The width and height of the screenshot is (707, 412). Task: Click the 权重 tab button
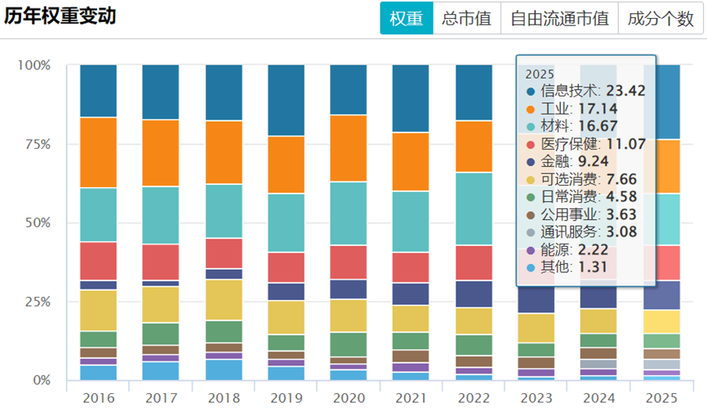pyautogui.click(x=407, y=19)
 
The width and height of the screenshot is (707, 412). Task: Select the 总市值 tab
pyautogui.click(x=466, y=19)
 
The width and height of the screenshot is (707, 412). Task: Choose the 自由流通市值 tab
pyautogui.click(x=559, y=19)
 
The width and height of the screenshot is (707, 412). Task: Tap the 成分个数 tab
pyautogui.click(x=660, y=19)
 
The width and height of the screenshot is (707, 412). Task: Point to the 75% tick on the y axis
pyautogui.click(x=35, y=144)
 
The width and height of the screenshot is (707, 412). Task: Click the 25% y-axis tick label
pyautogui.click(x=35, y=302)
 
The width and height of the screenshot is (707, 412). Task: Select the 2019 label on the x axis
pyautogui.click(x=286, y=398)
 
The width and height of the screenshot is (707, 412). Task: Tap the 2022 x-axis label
pyautogui.click(x=474, y=398)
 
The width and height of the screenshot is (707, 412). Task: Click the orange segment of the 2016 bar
pyautogui.click(x=98, y=153)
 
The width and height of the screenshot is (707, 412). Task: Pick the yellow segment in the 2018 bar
pyautogui.click(x=223, y=299)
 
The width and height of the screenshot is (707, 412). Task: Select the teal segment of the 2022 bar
pyautogui.click(x=474, y=208)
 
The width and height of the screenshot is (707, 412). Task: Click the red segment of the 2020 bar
pyautogui.click(x=349, y=262)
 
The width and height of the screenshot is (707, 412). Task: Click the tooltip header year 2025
pyautogui.click(x=540, y=73)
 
